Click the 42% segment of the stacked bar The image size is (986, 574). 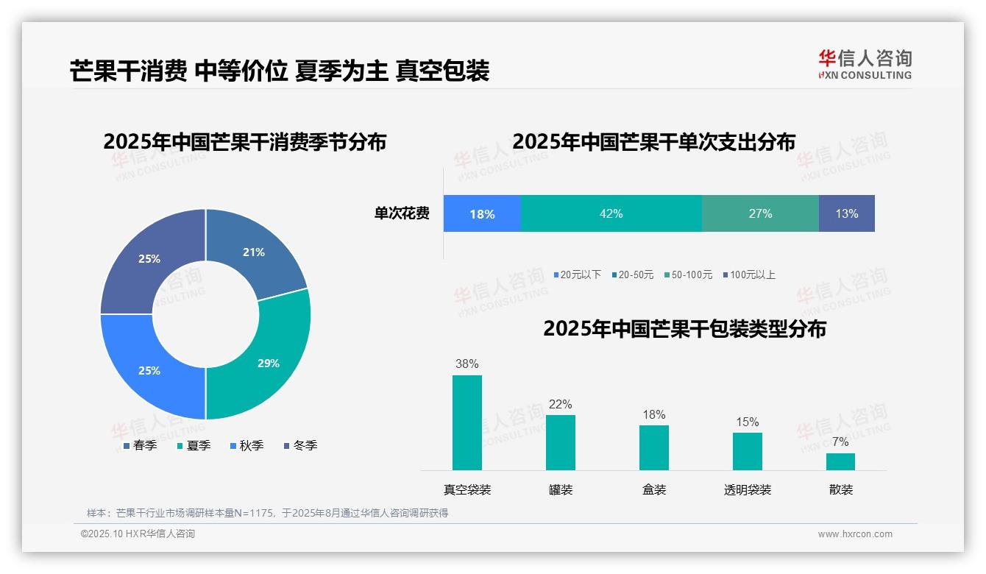[611, 213]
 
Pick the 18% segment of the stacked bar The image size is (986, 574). [482, 213]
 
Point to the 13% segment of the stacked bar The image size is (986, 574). [846, 213]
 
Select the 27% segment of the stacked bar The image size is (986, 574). [760, 213]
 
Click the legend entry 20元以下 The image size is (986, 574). [578, 274]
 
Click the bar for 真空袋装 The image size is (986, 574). [467, 422]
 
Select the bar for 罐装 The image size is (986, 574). [561, 442]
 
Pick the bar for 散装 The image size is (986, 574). [840, 461]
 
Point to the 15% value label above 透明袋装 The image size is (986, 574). [747, 422]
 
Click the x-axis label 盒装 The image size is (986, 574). [654, 489]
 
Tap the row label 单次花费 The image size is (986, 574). [402, 213]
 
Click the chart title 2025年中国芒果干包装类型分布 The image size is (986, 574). [684, 328]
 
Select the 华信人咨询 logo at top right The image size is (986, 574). [865, 64]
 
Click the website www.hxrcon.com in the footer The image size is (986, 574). [855, 534]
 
